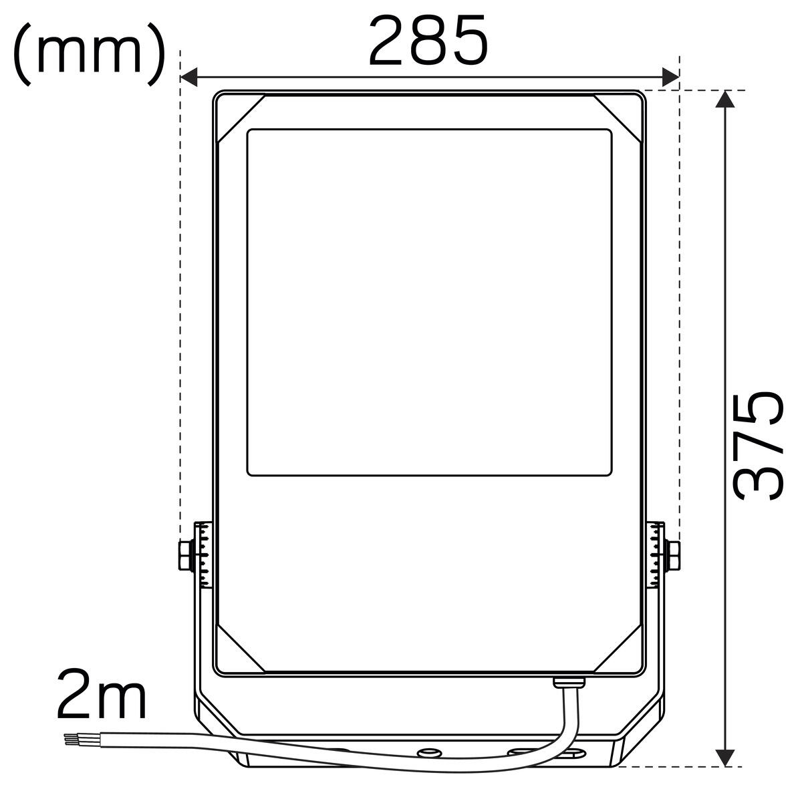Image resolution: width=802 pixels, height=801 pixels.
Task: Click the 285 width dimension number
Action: tap(428, 40)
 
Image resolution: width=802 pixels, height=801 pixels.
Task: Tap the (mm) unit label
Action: tap(89, 54)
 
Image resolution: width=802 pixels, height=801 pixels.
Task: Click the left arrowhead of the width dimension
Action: tap(188, 77)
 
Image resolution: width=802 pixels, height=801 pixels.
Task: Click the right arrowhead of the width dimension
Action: tap(671, 77)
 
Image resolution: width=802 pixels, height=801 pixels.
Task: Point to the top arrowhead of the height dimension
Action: tap(724, 100)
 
